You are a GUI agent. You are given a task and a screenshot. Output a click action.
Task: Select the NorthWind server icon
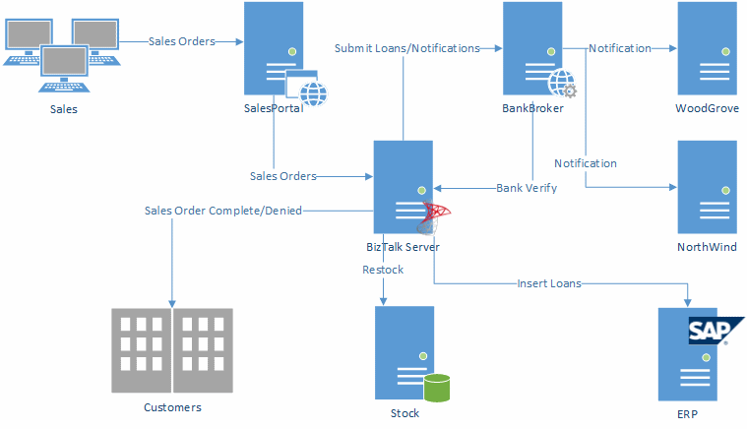(x=707, y=186)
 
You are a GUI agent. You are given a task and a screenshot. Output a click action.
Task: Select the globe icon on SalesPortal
(x=312, y=93)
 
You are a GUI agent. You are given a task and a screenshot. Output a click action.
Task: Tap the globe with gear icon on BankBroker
(x=562, y=83)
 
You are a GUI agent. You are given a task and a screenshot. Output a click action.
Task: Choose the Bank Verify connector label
(x=527, y=187)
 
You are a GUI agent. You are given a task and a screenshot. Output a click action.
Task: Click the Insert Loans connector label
(x=549, y=283)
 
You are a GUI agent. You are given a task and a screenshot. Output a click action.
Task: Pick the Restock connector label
(x=382, y=269)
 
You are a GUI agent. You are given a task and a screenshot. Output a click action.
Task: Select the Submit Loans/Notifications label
(x=406, y=47)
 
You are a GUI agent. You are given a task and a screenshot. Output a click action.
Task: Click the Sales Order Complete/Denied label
(x=223, y=210)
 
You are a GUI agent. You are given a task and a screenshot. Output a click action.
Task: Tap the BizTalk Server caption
(x=403, y=247)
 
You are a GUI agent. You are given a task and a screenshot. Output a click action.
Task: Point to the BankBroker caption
(x=532, y=108)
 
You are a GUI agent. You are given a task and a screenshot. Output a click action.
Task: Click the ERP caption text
(x=687, y=414)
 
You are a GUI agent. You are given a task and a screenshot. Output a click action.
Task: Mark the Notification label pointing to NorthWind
(x=586, y=163)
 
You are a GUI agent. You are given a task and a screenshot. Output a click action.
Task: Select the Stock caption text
(x=405, y=413)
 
